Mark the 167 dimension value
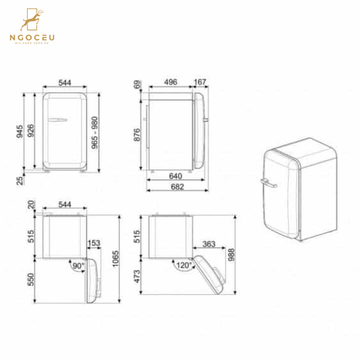200,83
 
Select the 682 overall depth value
176,186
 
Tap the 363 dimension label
209,244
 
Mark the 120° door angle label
180,265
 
